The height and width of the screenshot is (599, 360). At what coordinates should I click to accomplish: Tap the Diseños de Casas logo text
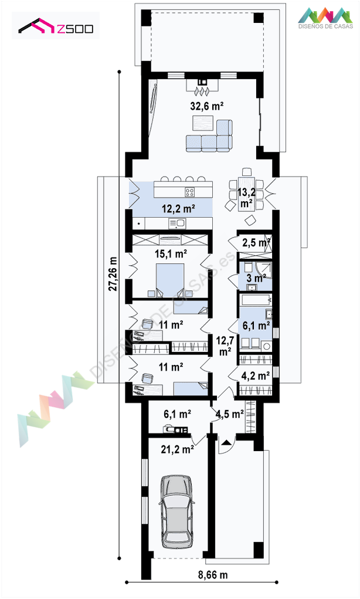coord(325,26)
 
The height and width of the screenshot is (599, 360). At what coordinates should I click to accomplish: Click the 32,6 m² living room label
coord(207,106)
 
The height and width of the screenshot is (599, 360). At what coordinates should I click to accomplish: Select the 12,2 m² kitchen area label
coord(178,209)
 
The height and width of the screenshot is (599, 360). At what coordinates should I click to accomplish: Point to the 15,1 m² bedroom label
coord(171,253)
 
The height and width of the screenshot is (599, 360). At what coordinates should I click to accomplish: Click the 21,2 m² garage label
coord(177,449)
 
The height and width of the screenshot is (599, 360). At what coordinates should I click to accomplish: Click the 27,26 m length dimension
coord(113,273)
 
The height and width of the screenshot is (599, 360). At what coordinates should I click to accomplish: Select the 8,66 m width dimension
coord(213,574)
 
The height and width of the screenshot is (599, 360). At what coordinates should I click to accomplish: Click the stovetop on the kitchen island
coord(190,192)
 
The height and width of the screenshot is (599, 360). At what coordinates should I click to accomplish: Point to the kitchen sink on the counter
coord(176,223)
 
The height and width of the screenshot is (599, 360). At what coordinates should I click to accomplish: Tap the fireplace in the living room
coord(202,87)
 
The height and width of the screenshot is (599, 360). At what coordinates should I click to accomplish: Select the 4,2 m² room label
coord(256,375)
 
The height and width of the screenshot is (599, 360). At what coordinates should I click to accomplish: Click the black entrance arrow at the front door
coord(226,443)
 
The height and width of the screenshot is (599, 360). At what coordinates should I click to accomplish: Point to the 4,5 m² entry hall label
coord(229,414)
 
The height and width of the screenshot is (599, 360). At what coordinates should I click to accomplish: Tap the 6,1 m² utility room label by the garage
coord(177,414)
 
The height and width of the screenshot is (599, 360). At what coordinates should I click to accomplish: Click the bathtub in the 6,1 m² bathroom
coord(256,299)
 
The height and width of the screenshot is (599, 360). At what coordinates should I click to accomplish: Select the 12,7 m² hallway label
coord(225,346)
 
